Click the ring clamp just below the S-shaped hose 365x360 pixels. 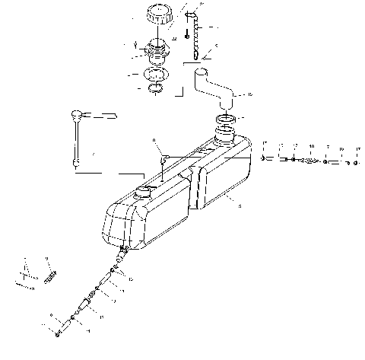[227, 120]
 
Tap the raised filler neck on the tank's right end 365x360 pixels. [226, 137]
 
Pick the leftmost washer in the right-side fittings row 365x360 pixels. [264, 158]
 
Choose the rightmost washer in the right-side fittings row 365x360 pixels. [356, 162]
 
